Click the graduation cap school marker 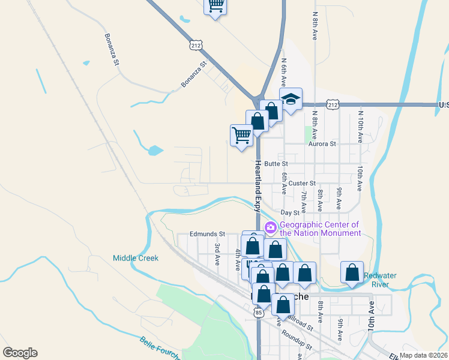pos(291,99)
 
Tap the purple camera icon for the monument pos(270,227)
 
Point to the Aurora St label pos(322,144)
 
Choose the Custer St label pos(301,183)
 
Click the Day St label pos(290,213)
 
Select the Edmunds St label pos(206,234)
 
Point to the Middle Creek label pos(136,258)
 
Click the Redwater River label pos(384,280)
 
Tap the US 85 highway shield pos(258,313)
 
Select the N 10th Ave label pos(360,125)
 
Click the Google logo pos(20,353)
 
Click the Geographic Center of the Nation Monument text pos(321,229)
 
